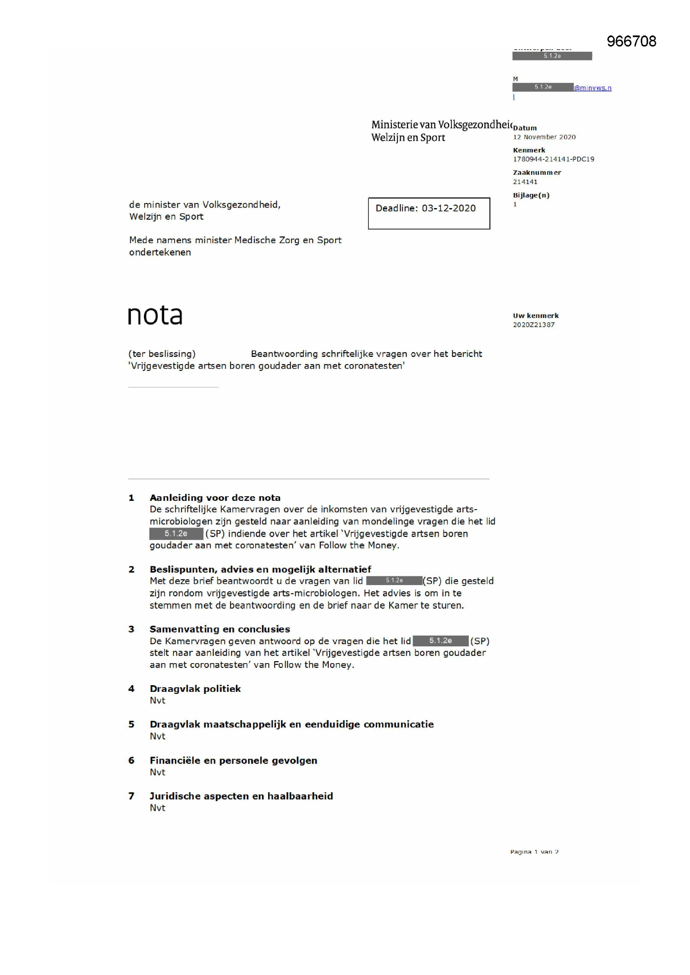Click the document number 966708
tap(631, 41)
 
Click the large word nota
tap(155, 316)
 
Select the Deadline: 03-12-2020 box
tap(429, 213)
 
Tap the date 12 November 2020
tap(544, 137)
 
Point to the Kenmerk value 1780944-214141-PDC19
tap(553, 159)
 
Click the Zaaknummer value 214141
tap(525, 182)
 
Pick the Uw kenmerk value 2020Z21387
tap(533, 324)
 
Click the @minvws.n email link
tap(592, 88)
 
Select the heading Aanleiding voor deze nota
tap(215, 497)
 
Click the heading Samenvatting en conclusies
tap(220, 629)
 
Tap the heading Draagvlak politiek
tap(195, 689)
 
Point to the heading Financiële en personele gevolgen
tap(233, 760)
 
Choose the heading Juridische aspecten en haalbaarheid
tap(241, 796)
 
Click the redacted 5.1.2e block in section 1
tap(176, 533)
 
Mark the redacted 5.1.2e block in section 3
tap(440, 641)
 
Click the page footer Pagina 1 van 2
tap(534, 852)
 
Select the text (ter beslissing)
tap(162, 354)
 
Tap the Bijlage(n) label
tap(531, 195)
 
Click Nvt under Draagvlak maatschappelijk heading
tap(157, 736)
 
